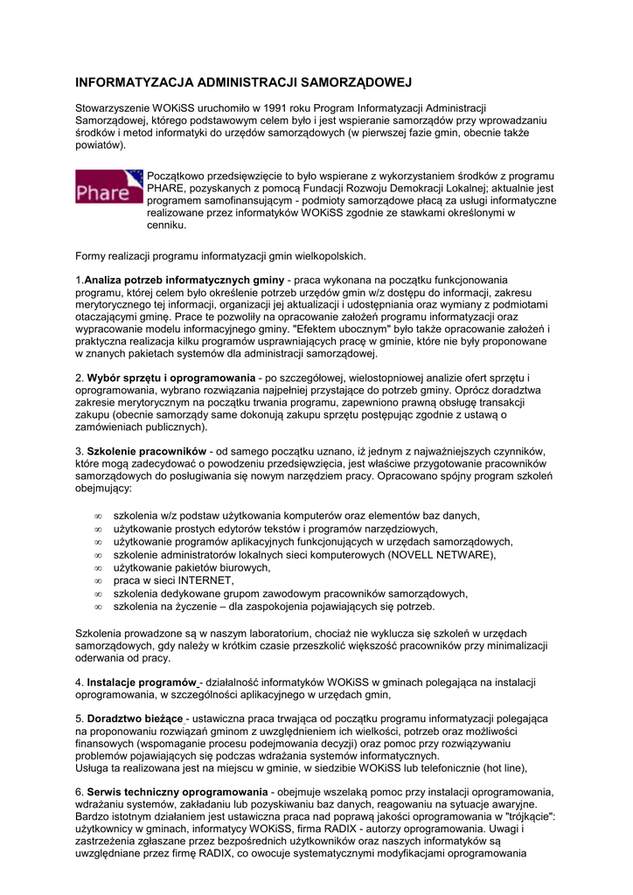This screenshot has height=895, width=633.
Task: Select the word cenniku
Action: tap(167, 225)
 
